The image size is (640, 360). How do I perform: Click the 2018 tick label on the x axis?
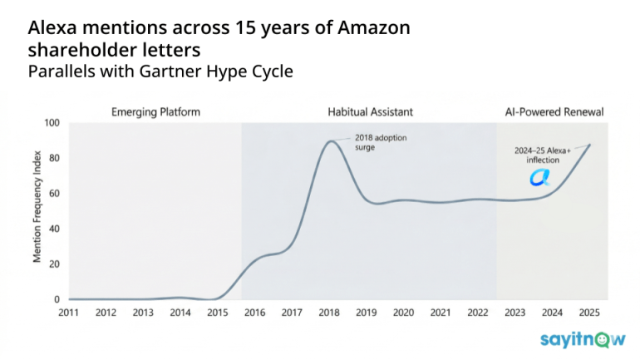point(330,313)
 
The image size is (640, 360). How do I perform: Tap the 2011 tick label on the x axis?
point(70,313)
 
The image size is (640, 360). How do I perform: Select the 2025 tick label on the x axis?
point(589,313)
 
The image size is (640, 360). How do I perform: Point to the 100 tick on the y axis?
point(52,123)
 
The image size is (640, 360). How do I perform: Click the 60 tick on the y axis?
point(55,194)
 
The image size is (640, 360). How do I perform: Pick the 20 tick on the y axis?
point(55,264)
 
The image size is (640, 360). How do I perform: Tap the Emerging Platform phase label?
point(156,111)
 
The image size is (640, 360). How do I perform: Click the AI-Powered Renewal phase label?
point(554,111)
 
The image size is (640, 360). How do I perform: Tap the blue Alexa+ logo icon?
point(540,177)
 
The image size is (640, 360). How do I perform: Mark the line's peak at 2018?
point(331,141)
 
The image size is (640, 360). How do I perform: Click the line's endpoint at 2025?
point(590,145)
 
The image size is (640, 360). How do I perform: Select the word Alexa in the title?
point(56,27)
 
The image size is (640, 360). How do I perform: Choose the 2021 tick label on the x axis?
point(441,313)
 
